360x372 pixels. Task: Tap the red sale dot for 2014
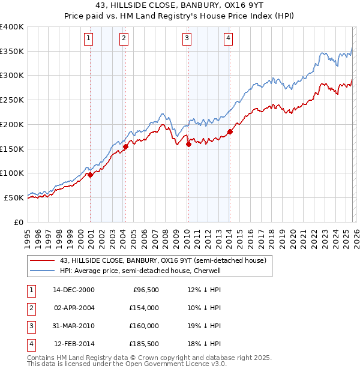click(230, 131)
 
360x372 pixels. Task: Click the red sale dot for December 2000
click(90, 175)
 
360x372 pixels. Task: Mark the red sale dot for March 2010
click(188, 144)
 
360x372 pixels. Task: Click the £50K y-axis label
click(14, 197)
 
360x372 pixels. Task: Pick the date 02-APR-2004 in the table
click(74, 307)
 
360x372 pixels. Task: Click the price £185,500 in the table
click(143, 344)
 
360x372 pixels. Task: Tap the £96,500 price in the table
click(145, 289)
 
